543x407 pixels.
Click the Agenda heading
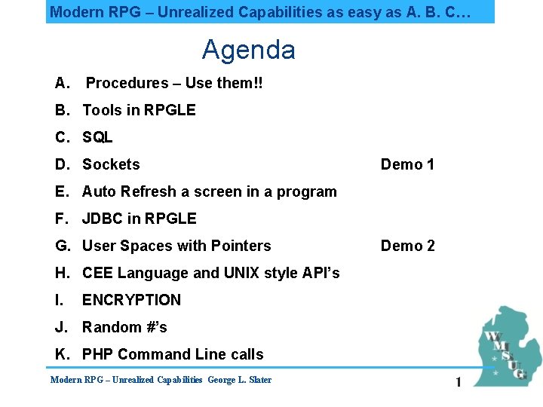coord(248,50)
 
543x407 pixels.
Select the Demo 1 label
coord(407,164)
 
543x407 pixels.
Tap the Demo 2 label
coord(407,246)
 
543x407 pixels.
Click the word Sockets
coord(111,164)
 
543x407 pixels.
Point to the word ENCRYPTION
coord(131,300)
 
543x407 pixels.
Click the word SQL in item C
coord(97,137)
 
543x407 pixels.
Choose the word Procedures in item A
coord(127,83)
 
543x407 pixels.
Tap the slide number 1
coord(458,383)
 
